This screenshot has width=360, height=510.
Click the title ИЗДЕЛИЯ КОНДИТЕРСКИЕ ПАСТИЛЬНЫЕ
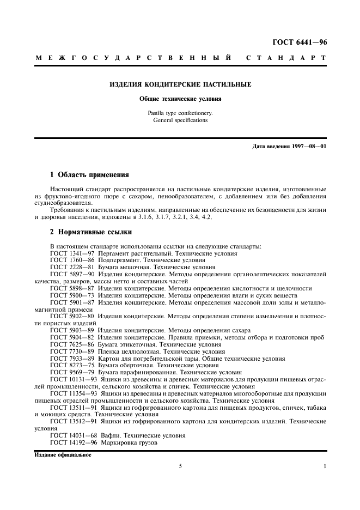pos(180,84)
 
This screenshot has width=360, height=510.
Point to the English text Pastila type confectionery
pos(180,113)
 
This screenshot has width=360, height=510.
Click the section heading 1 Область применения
pos(89,175)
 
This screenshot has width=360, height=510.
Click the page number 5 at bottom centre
pos(180,466)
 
